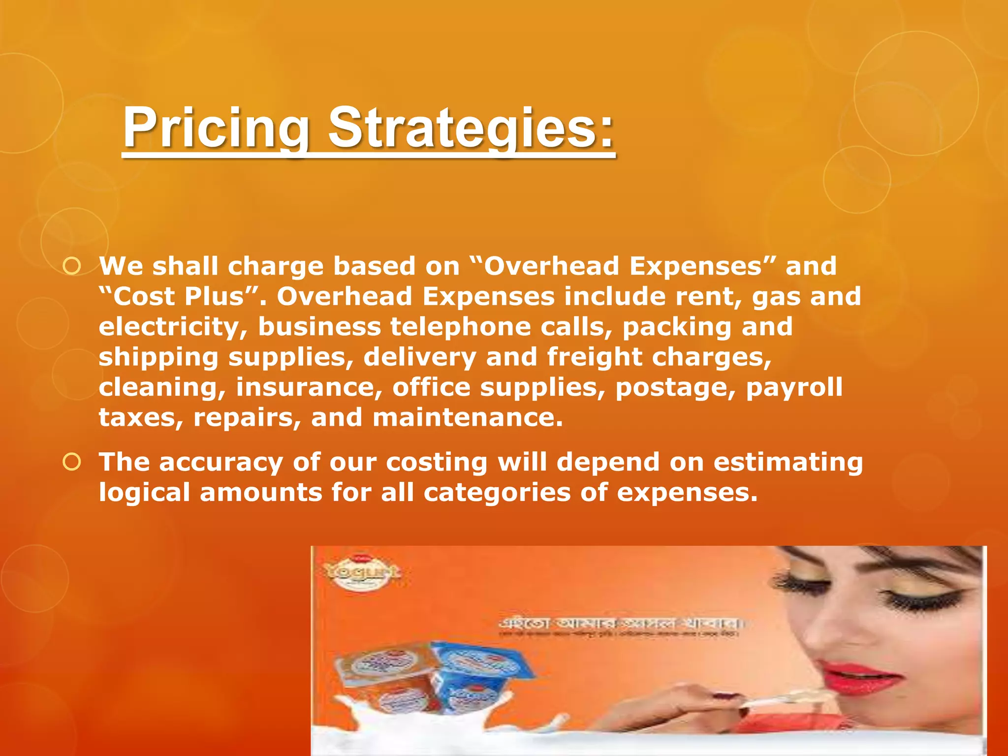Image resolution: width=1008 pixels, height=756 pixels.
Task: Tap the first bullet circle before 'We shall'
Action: pos(72,266)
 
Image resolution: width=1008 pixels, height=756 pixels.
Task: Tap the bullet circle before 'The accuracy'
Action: pos(72,462)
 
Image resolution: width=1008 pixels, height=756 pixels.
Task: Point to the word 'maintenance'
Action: pos(467,417)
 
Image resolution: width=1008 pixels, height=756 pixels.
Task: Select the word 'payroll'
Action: pos(794,387)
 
